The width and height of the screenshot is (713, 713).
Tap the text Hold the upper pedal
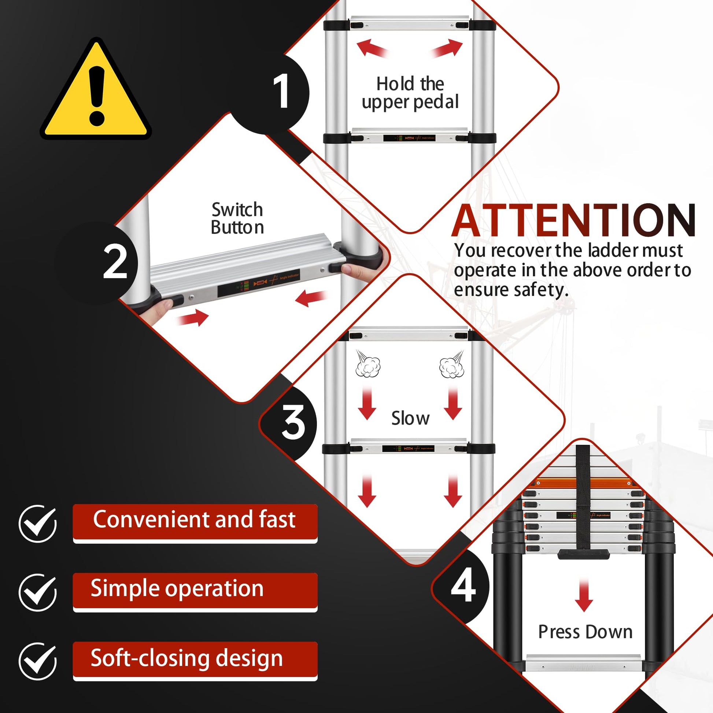click(x=410, y=93)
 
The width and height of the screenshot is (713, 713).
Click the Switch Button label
click(x=237, y=218)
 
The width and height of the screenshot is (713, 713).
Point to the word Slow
click(x=410, y=418)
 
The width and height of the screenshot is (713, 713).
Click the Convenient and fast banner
click(x=195, y=522)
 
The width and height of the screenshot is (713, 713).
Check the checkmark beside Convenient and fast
click(x=38, y=523)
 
